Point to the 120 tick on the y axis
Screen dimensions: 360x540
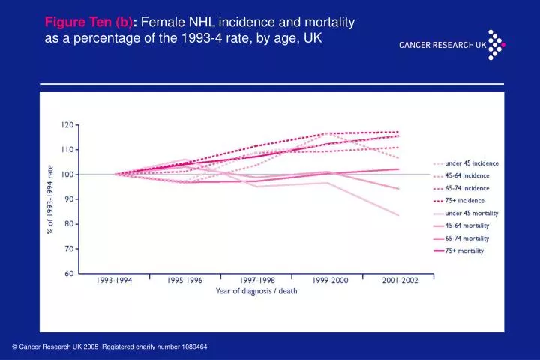(67, 125)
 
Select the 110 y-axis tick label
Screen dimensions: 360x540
(67, 150)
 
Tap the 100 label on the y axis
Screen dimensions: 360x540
(67, 175)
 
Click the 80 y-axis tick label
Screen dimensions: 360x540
(69, 224)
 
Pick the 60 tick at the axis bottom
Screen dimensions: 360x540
(69, 274)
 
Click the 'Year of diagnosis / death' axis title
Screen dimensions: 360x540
(256, 291)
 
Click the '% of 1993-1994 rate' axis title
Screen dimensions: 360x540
(51, 199)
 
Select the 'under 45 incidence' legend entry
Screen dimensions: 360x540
(472, 163)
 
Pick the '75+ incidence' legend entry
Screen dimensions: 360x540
(464, 200)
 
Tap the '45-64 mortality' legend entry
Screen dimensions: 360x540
(466, 225)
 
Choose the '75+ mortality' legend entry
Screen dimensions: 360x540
(464, 250)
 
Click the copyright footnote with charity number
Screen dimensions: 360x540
(109, 346)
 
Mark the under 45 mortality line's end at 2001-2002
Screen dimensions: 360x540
(398, 215)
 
